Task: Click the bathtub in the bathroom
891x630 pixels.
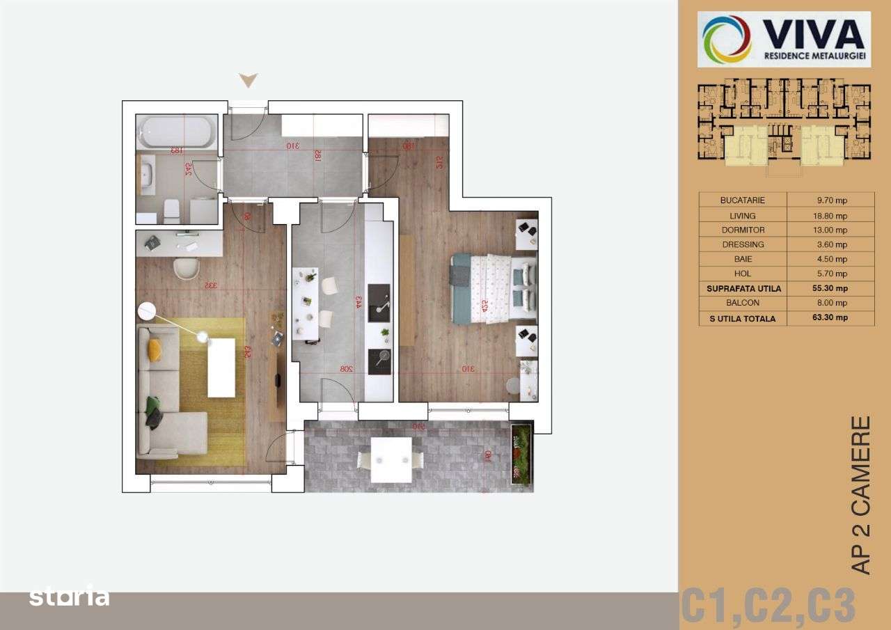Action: click(177, 131)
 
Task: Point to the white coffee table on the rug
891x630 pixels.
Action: click(221, 368)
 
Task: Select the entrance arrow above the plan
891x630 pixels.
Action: click(249, 81)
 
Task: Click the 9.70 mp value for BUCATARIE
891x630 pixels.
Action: click(832, 200)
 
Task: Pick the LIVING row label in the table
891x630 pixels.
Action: click(743, 216)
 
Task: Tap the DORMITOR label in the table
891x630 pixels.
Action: click(743, 230)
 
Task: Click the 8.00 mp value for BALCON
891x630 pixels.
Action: click(832, 303)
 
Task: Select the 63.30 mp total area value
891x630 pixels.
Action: click(832, 318)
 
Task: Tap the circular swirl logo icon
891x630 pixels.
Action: click(727, 39)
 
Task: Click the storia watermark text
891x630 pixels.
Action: click(69, 597)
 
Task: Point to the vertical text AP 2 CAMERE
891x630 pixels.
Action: click(861, 495)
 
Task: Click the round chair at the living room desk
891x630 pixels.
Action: click(187, 268)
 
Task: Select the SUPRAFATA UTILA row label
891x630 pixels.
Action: click(743, 288)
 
